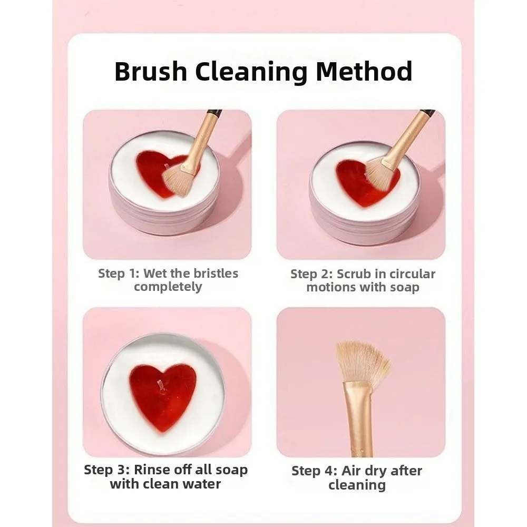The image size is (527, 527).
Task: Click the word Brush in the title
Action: point(150,72)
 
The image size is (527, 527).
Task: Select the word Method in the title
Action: point(364,72)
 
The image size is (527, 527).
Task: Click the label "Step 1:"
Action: point(119,274)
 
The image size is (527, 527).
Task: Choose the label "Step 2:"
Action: point(311,274)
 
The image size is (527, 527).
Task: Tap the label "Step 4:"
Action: point(314,471)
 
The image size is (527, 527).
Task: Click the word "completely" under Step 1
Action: point(168,287)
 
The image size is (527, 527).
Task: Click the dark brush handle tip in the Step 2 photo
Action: point(427,113)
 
